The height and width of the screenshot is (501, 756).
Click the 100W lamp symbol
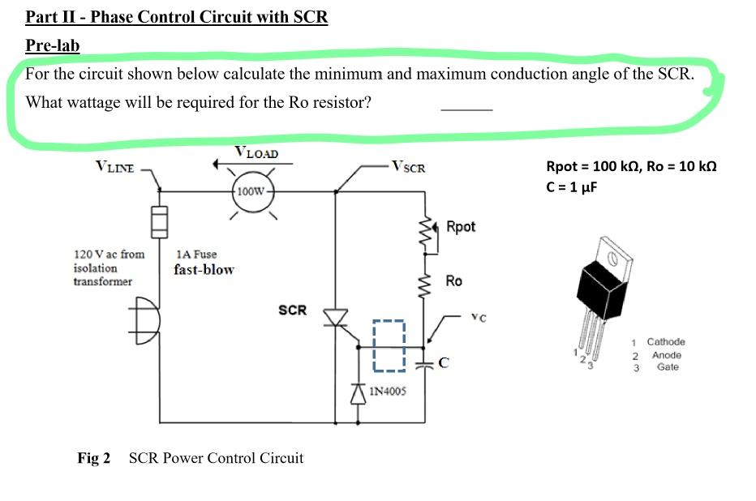click(x=252, y=191)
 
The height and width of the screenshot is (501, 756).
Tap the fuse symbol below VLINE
click(x=160, y=222)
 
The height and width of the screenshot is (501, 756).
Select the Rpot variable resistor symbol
click(x=428, y=236)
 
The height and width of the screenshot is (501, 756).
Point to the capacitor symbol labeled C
click(x=425, y=365)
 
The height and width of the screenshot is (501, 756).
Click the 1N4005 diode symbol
click(x=358, y=393)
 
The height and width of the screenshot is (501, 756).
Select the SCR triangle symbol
click(x=336, y=318)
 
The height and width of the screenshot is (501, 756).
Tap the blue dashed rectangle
click(x=389, y=346)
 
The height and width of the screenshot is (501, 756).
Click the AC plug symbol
click(x=144, y=321)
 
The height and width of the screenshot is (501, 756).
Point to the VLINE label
click(x=114, y=167)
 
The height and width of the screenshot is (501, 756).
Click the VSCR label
click(x=408, y=167)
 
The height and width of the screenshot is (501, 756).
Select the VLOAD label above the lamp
click(x=256, y=152)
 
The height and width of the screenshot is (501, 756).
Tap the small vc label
click(x=479, y=317)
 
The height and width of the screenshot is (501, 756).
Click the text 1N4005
click(x=388, y=392)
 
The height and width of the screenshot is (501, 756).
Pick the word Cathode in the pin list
click(x=666, y=341)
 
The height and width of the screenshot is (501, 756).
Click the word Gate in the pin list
click(x=668, y=366)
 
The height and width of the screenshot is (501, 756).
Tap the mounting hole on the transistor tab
click(x=612, y=259)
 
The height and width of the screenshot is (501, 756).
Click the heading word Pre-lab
click(x=53, y=45)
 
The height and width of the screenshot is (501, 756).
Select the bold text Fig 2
click(x=94, y=458)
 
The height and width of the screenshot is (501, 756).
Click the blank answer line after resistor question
click(x=466, y=109)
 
